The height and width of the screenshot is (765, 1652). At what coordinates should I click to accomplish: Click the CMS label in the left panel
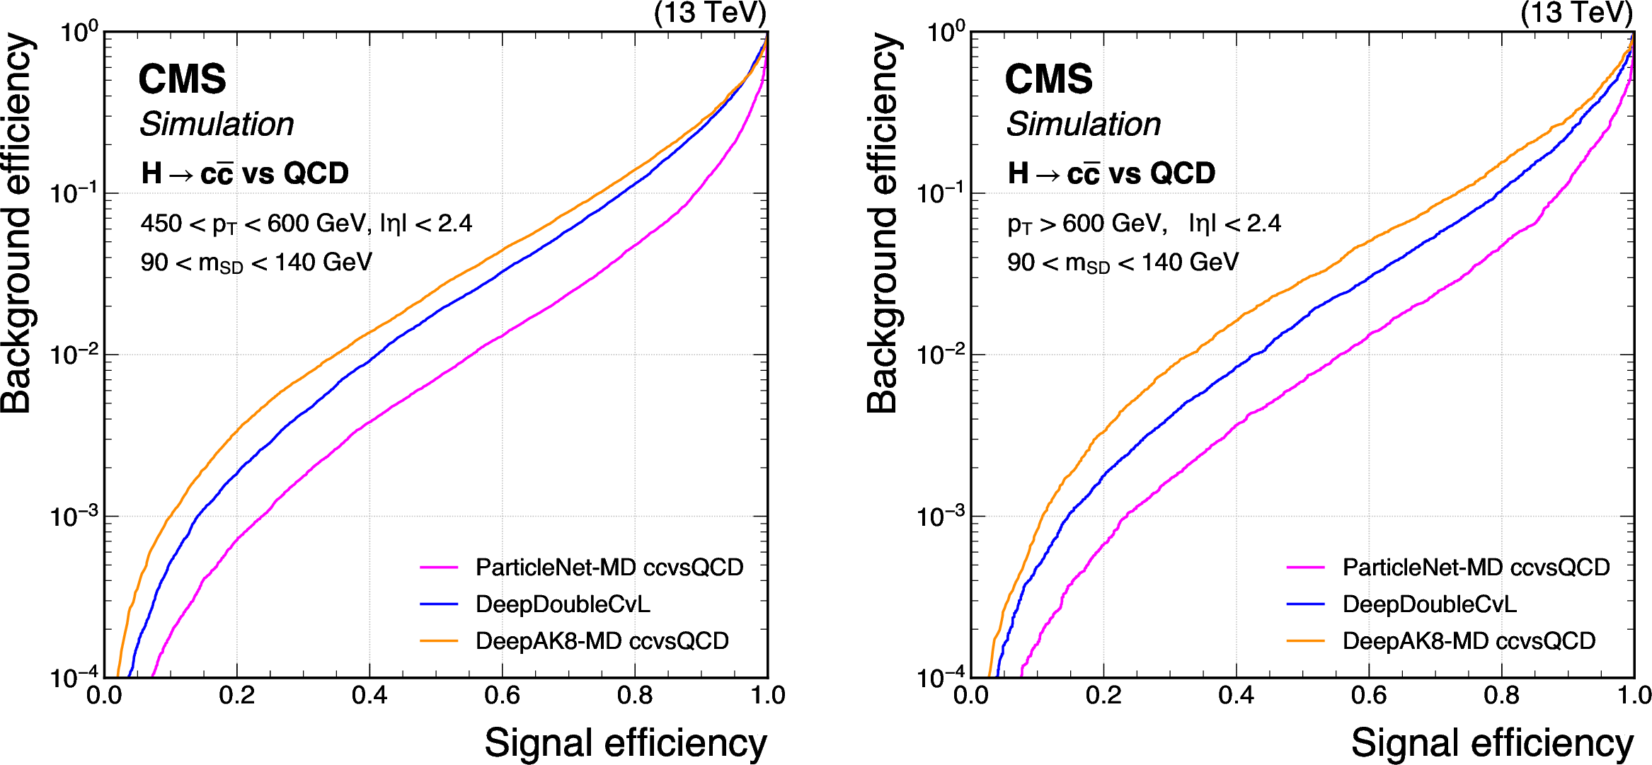[182, 79]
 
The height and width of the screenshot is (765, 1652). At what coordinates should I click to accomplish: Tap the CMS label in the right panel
[1048, 79]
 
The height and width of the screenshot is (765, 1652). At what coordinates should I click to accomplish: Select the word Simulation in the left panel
[217, 125]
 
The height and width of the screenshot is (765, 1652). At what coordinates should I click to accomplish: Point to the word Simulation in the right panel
[1083, 125]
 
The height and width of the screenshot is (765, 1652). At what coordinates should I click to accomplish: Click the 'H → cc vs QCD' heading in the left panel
[245, 173]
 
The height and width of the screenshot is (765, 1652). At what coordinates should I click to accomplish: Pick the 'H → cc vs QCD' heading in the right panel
[1111, 173]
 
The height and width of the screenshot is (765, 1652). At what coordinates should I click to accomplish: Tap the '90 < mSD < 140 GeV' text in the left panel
[256, 263]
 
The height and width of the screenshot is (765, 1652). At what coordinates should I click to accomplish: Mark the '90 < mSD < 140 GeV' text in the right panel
[1123, 263]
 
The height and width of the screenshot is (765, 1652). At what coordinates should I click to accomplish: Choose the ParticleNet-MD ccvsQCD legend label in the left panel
[609, 567]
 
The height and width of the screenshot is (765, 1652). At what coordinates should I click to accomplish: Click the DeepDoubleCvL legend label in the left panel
[563, 604]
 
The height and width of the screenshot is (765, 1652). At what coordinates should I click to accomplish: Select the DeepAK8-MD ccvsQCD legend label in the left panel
[602, 640]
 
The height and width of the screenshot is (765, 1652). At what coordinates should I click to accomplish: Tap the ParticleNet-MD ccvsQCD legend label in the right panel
[1476, 567]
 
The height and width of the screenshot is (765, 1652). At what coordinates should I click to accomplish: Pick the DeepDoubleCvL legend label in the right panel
[1429, 604]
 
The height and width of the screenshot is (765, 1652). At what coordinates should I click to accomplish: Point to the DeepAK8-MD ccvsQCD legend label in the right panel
[1469, 640]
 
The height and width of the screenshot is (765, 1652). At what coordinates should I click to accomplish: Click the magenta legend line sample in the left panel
[439, 567]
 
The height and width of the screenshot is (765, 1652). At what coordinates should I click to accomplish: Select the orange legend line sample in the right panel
[1305, 640]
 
